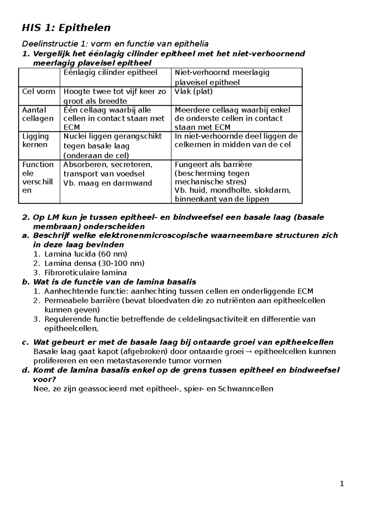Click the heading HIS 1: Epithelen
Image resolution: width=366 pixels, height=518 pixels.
click(66, 28)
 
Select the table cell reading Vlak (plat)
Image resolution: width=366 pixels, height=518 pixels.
click(193, 92)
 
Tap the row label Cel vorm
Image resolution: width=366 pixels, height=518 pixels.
click(39, 92)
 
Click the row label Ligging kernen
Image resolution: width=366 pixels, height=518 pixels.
click(35, 140)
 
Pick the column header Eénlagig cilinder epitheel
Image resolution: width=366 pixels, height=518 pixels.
click(110, 73)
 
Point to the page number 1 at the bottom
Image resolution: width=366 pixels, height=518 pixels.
click(342, 484)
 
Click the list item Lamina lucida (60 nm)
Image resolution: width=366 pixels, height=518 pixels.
click(86, 254)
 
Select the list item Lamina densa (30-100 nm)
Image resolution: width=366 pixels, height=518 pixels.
click(94, 263)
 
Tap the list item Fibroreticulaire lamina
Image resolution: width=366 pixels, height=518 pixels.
click(85, 273)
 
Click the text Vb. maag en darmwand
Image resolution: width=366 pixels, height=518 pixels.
click(107, 183)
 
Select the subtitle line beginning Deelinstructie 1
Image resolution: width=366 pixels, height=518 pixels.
click(115, 44)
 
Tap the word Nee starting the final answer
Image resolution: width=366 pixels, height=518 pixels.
click(39, 389)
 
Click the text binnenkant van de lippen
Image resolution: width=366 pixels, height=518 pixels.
click(222, 199)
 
